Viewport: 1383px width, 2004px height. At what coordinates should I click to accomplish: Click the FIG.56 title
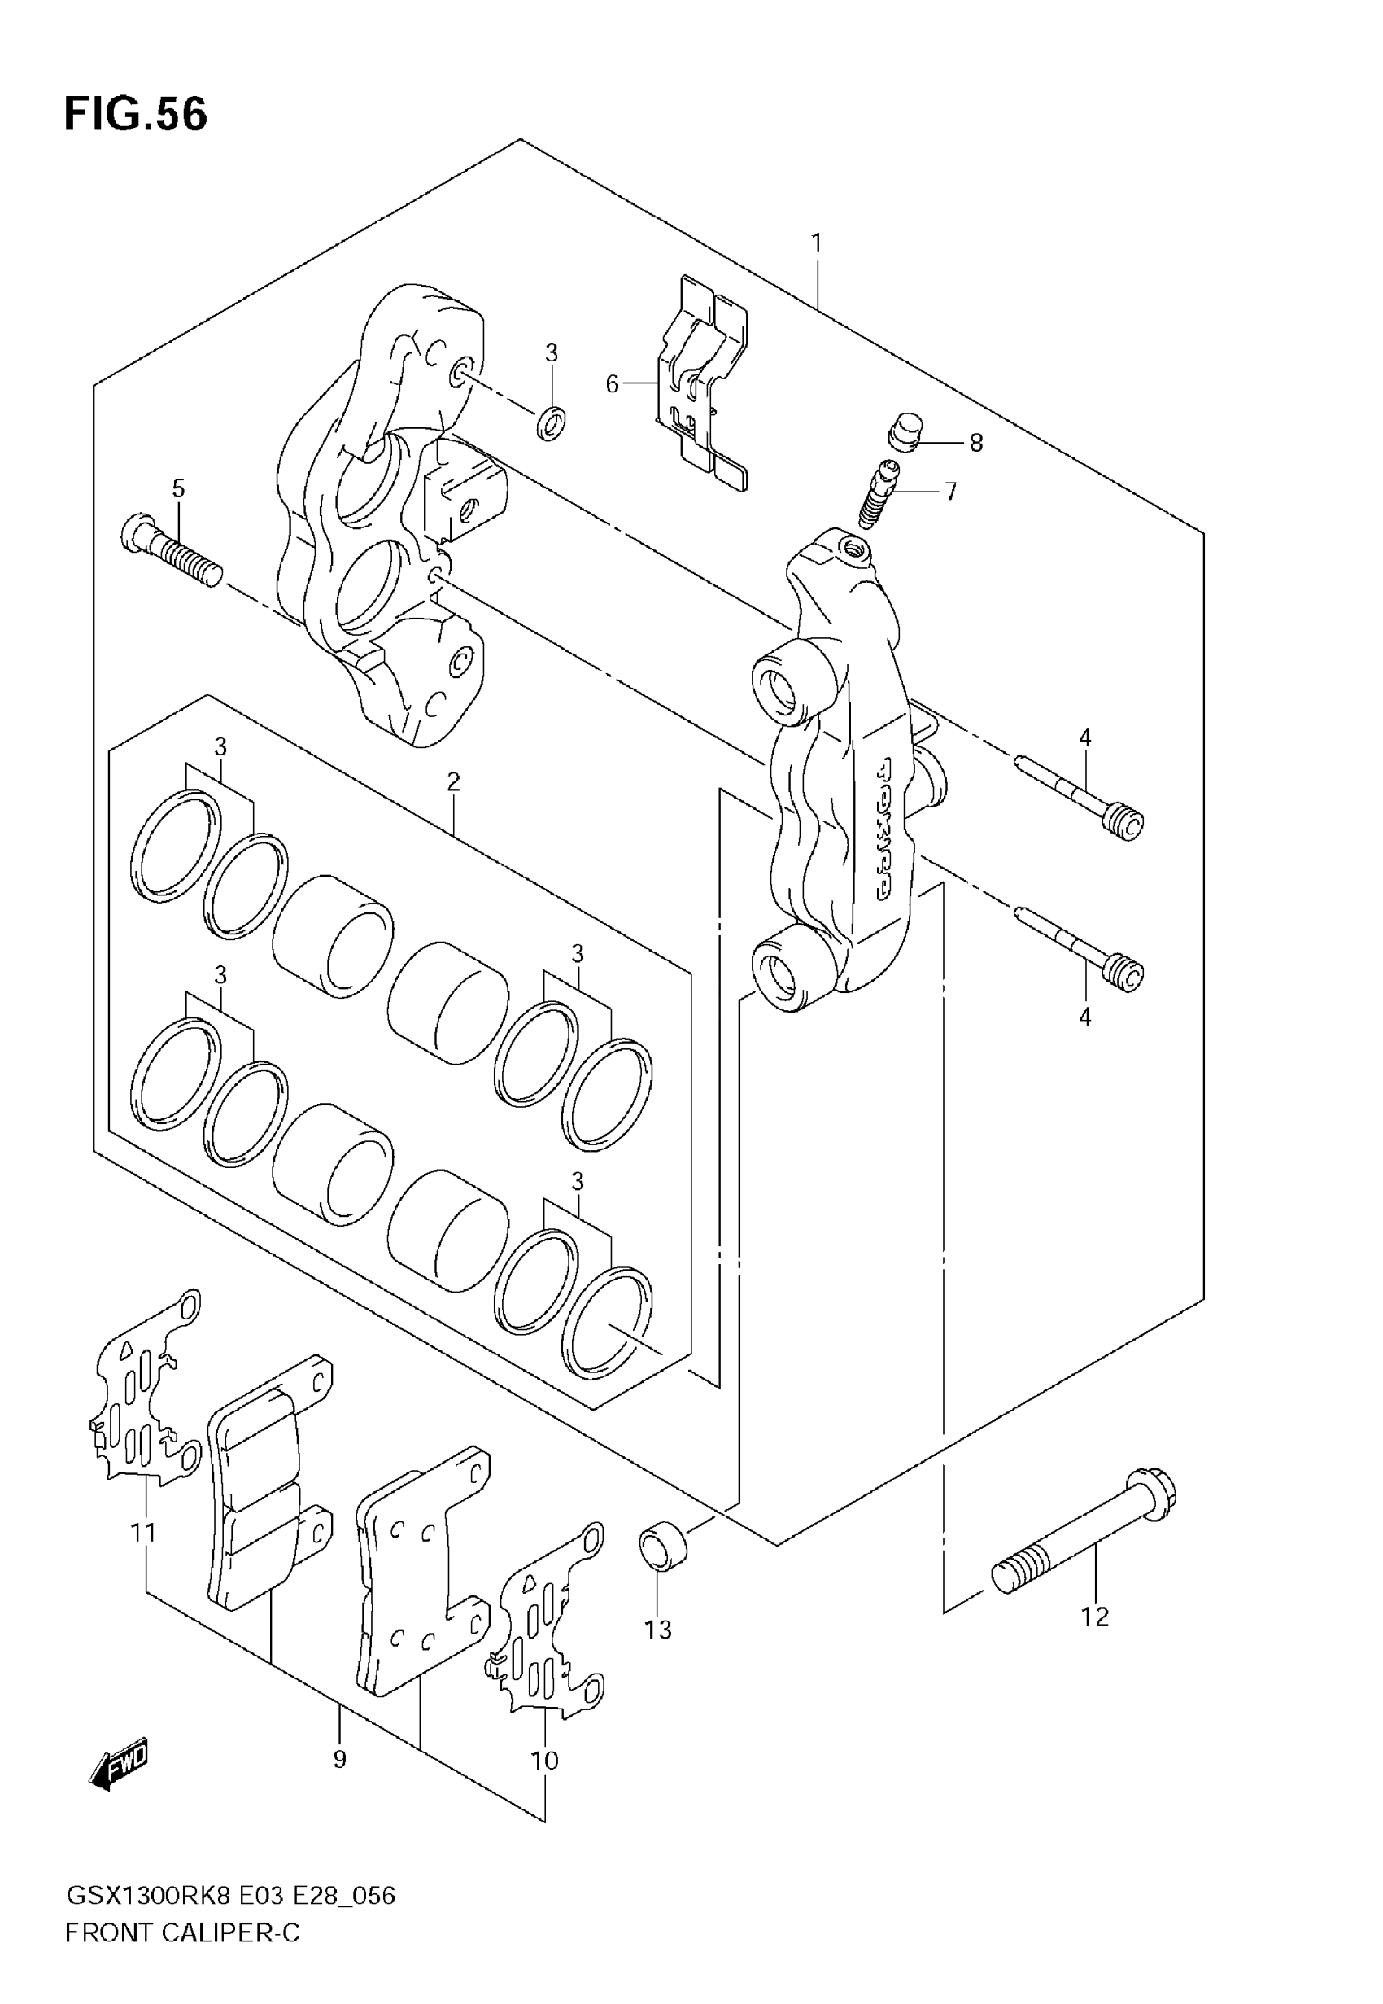point(136,115)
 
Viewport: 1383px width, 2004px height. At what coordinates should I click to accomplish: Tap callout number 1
point(815,243)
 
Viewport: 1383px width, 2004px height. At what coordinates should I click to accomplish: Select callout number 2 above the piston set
point(453,782)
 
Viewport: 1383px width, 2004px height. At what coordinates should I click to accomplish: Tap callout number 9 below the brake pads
point(338,1759)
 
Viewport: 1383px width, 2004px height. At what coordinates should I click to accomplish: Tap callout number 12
point(1094,1617)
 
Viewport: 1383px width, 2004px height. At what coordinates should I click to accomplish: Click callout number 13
point(657,1630)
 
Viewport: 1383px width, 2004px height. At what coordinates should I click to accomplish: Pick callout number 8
point(975,443)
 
